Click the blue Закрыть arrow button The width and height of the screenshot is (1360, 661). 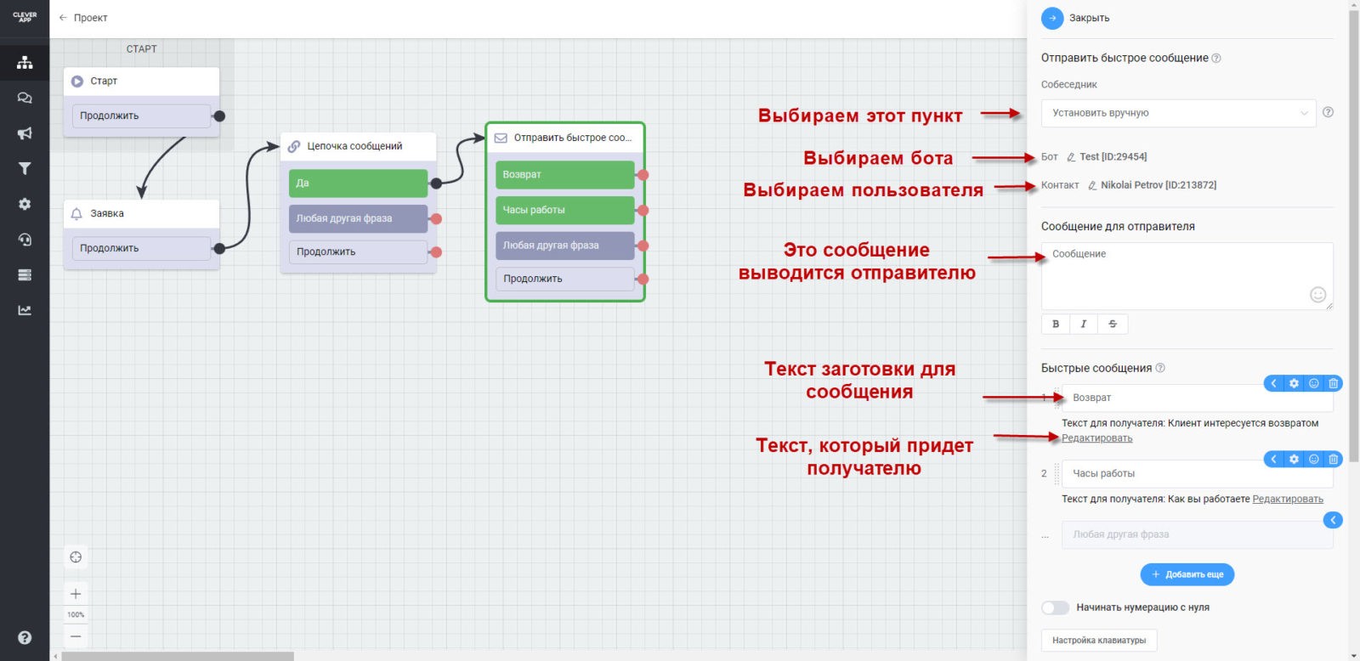pyautogui.click(x=1052, y=18)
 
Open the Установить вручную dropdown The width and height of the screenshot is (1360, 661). pyautogui.click(x=1178, y=113)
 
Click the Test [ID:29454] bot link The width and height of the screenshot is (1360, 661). pyautogui.click(x=1112, y=157)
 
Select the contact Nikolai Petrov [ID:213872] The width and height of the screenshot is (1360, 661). pyautogui.click(x=1158, y=185)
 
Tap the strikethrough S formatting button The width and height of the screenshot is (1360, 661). pyautogui.click(x=1113, y=324)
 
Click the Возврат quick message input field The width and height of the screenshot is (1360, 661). pyautogui.click(x=1164, y=398)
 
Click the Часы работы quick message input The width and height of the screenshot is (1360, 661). pyautogui.click(x=1164, y=474)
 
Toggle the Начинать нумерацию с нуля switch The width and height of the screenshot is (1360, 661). pyautogui.click(x=1055, y=607)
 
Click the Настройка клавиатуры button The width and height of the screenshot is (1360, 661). pyautogui.click(x=1098, y=641)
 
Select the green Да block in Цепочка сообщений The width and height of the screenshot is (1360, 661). pyautogui.click(x=358, y=184)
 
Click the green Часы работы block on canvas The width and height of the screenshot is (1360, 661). pyautogui.click(x=564, y=210)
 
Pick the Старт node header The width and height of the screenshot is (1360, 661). pyautogui.click(x=141, y=82)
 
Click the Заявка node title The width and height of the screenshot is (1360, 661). pyautogui.click(x=107, y=214)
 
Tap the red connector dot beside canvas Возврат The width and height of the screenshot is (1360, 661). pyautogui.click(x=643, y=175)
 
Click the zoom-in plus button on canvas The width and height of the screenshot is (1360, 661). pyautogui.click(x=76, y=594)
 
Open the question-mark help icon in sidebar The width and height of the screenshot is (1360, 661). pyautogui.click(x=25, y=638)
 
